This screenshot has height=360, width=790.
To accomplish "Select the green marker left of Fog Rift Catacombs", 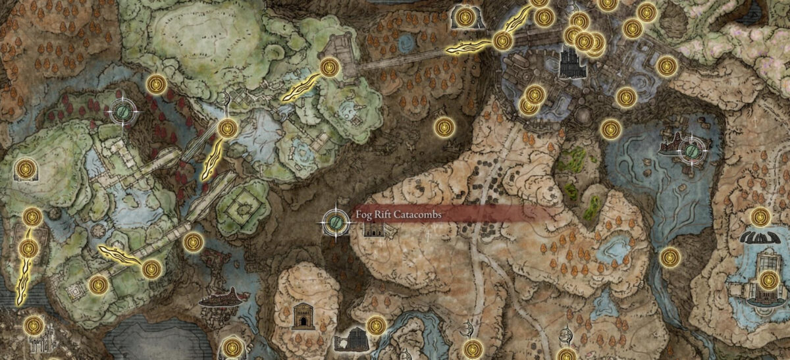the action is pos(335,222).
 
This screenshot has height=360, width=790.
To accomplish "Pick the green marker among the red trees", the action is pos(123,113).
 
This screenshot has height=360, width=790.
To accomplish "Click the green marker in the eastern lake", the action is pos(693,149).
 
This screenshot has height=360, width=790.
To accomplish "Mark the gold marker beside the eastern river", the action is pos(670,257).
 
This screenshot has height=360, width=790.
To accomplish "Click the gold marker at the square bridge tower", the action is pos(329,66).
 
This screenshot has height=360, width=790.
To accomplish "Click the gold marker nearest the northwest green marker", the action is pos(156,84).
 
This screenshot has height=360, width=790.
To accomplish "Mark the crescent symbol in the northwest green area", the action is pos(225,99).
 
